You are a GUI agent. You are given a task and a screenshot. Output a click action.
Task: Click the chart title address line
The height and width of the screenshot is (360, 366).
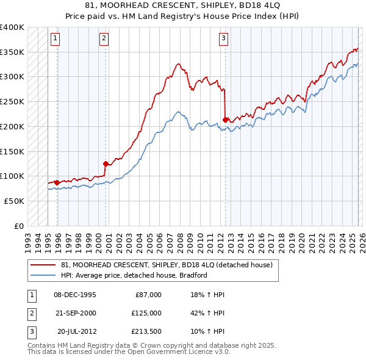coord(183,5)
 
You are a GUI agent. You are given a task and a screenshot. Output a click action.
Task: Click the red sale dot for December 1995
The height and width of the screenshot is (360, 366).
coord(57,182)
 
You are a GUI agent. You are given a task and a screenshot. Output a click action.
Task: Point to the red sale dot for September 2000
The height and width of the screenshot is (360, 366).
coord(106,164)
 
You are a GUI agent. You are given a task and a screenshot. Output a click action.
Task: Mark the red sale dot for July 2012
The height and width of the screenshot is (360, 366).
coord(226,120)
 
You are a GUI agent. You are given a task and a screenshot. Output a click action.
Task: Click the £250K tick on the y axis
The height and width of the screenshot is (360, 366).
coord(12,101)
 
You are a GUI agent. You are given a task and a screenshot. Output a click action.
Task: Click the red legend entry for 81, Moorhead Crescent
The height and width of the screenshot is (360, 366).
coord(170,265)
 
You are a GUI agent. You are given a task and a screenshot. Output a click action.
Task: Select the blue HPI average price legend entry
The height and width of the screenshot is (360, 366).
coord(134,275)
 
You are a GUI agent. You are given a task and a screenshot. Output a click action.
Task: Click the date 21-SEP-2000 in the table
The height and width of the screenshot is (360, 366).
coord(75,312)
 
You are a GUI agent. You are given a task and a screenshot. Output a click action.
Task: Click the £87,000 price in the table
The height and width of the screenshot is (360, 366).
coord(148,294)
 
